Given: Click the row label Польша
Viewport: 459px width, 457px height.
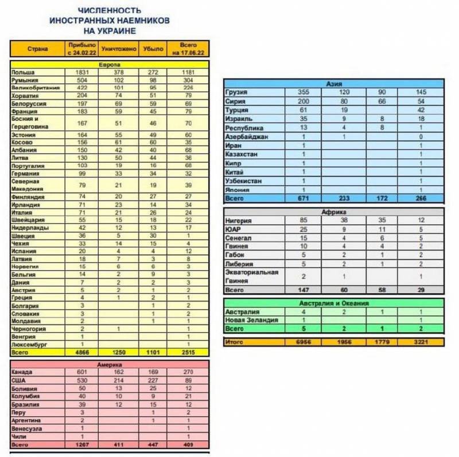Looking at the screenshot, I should [24, 73].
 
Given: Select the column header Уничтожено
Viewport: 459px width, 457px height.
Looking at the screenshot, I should [119, 49].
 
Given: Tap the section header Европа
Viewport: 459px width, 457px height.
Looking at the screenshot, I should [109, 65].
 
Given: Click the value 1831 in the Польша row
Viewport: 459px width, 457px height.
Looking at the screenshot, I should [81, 73].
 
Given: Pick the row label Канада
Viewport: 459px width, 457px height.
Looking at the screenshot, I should [22, 372].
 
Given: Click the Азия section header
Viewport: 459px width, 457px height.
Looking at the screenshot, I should [334, 84].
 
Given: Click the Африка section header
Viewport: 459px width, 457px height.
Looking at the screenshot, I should [334, 211].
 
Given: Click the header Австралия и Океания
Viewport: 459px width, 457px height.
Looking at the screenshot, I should [334, 303].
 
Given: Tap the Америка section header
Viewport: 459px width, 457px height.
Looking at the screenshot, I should [109, 364].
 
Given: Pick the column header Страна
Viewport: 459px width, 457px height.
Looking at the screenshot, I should [37, 49].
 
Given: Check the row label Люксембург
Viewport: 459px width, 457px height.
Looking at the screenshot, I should [29, 345].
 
